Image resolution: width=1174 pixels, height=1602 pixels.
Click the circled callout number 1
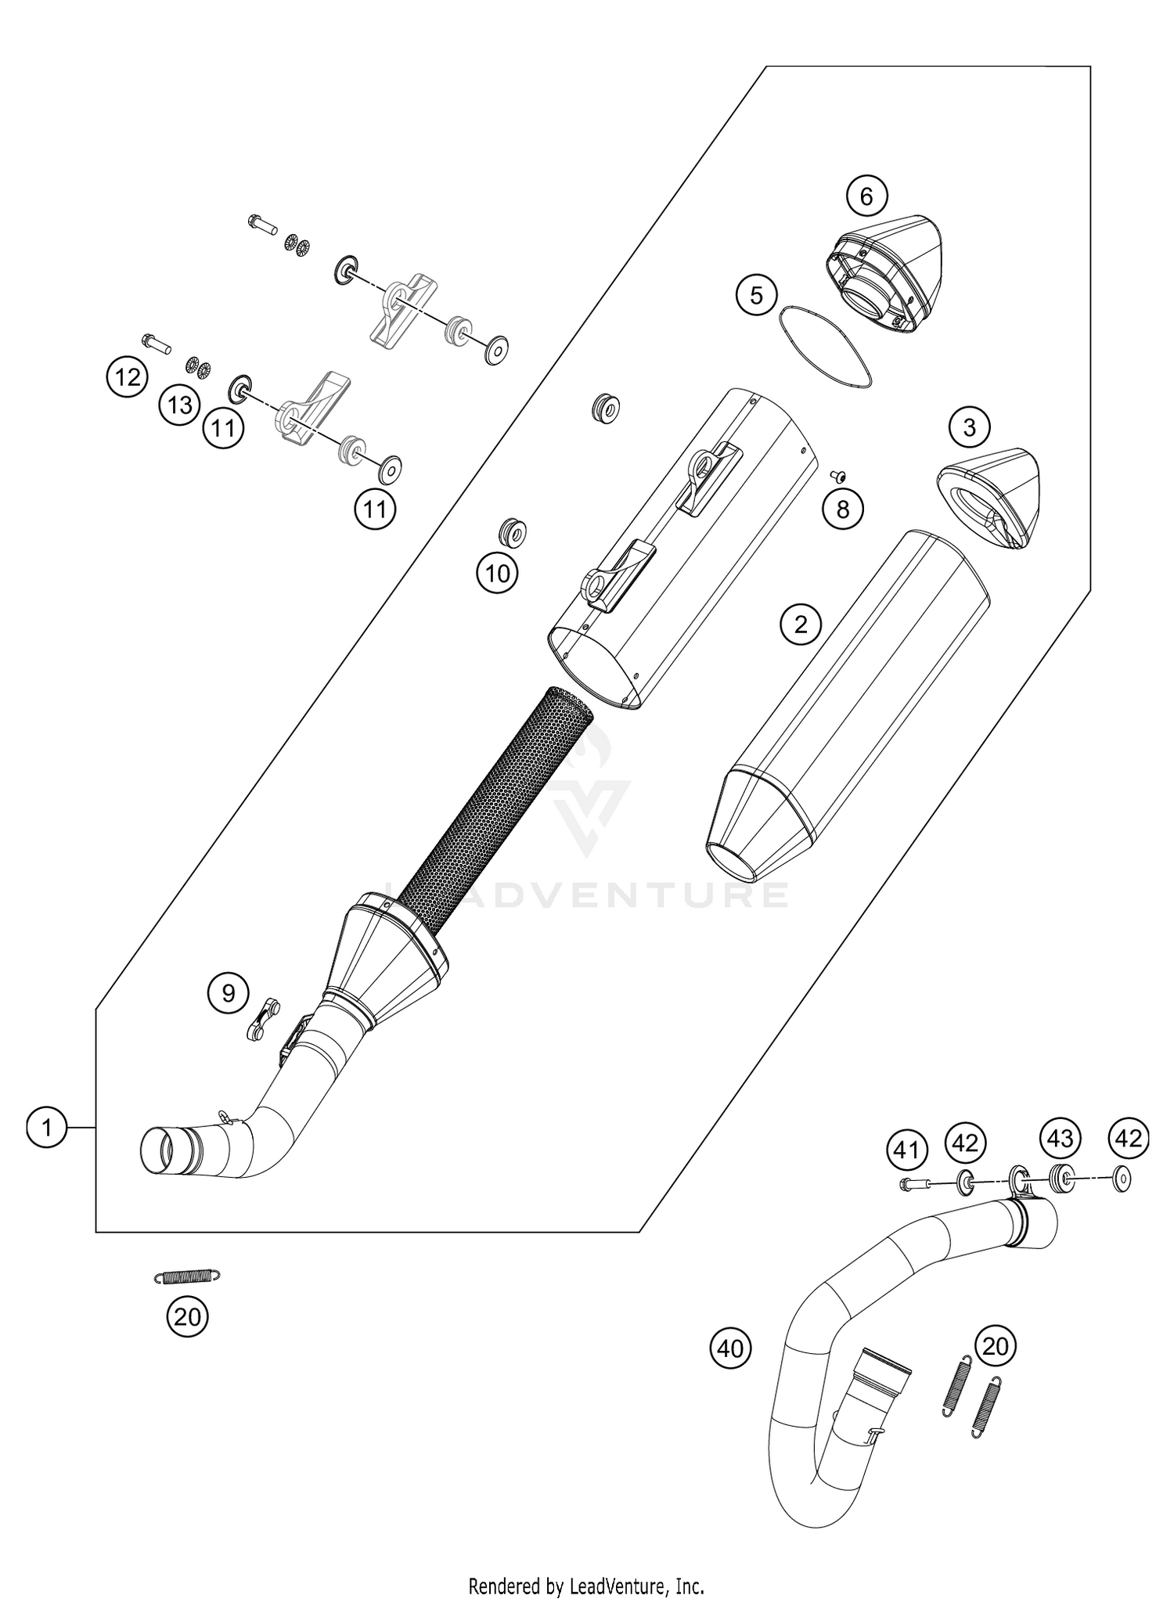[47, 1128]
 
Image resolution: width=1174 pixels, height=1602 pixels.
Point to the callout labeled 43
[1060, 1138]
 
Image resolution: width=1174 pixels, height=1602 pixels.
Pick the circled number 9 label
[228, 993]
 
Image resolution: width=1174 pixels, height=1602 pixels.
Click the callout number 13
[179, 406]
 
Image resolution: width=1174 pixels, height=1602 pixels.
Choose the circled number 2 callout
[801, 624]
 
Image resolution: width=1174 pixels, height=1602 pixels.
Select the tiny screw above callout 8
[841, 473]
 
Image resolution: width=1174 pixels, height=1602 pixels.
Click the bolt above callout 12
[157, 342]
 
